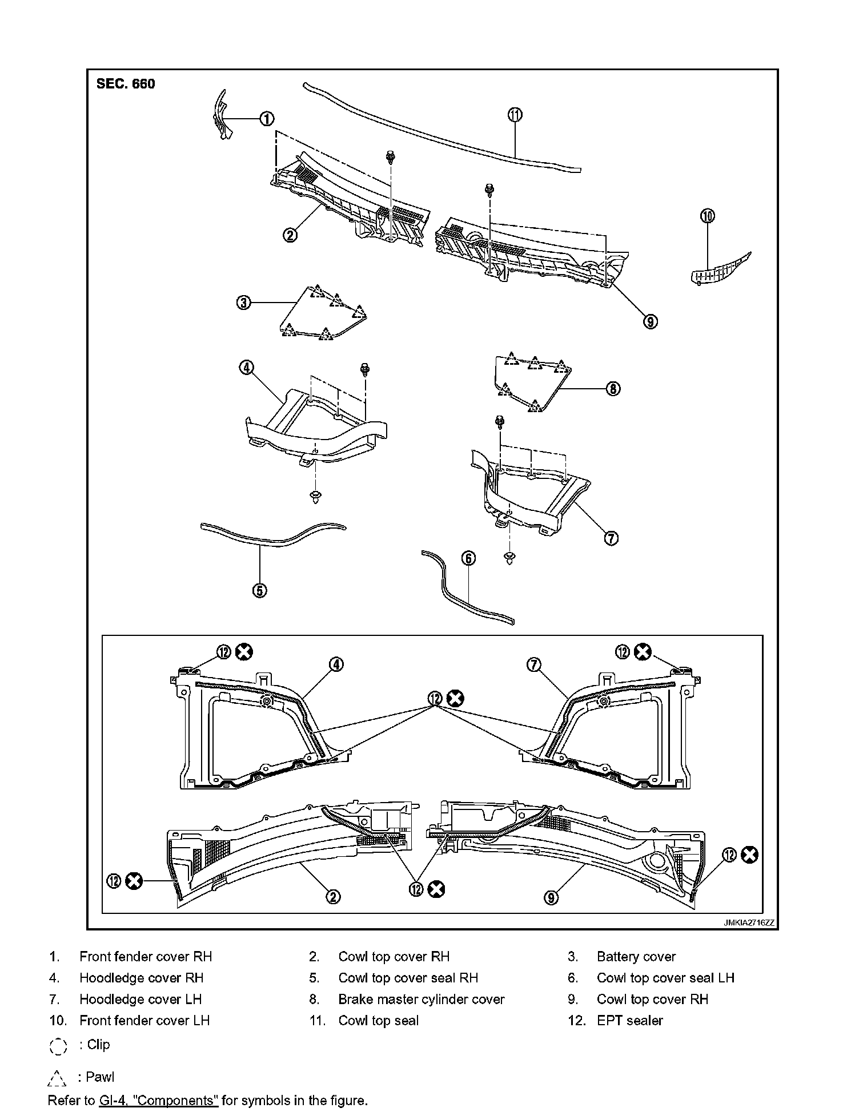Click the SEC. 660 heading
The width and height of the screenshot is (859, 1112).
pos(126,84)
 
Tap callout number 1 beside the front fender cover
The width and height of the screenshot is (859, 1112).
pos(267,118)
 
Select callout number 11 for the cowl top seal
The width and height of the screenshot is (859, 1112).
pos(515,114)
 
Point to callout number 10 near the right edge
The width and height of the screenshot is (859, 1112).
pos(708,216)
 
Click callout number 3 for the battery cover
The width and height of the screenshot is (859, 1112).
pos(244,302)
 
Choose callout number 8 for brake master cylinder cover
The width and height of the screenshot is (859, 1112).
pos(612,389)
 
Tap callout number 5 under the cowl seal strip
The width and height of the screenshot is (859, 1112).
pos(260,590)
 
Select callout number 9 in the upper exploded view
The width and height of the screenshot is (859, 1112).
pos(650,321)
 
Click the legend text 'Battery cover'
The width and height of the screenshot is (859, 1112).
pos(636,957)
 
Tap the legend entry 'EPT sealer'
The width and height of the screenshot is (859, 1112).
pos(629,1020)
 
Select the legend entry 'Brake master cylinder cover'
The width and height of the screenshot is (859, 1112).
pos(421,999)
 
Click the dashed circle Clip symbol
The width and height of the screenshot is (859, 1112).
pos(58,1046)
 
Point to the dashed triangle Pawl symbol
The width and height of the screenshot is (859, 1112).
pos(57,1078)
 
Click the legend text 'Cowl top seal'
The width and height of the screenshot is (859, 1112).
pos(378,1020)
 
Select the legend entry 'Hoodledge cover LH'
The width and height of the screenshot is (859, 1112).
pos(141,999)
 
